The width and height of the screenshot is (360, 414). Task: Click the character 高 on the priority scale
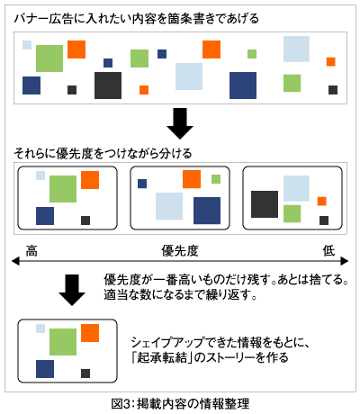[31, 249]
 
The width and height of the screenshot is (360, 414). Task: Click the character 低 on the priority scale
[329, 249]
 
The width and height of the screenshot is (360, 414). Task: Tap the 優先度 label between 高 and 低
[179, 249]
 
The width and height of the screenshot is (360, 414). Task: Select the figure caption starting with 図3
[180, 402]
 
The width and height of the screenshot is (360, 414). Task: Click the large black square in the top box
[108, 85]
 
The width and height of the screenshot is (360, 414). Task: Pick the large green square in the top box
[49, 58]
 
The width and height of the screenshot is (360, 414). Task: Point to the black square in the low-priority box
[264, 204]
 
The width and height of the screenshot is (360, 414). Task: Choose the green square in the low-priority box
[292, 213]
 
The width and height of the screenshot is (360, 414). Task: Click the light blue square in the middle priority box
[168, 206]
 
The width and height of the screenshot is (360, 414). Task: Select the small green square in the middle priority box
[216, 179]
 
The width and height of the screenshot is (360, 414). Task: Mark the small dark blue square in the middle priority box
[142, 184]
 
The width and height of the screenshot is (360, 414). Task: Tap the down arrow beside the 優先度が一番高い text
[70, 290]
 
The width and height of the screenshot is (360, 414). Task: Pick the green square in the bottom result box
[63, 342]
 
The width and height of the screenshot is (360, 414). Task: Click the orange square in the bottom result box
[90, 333]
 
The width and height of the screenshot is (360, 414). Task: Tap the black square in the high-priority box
[85, 220]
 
